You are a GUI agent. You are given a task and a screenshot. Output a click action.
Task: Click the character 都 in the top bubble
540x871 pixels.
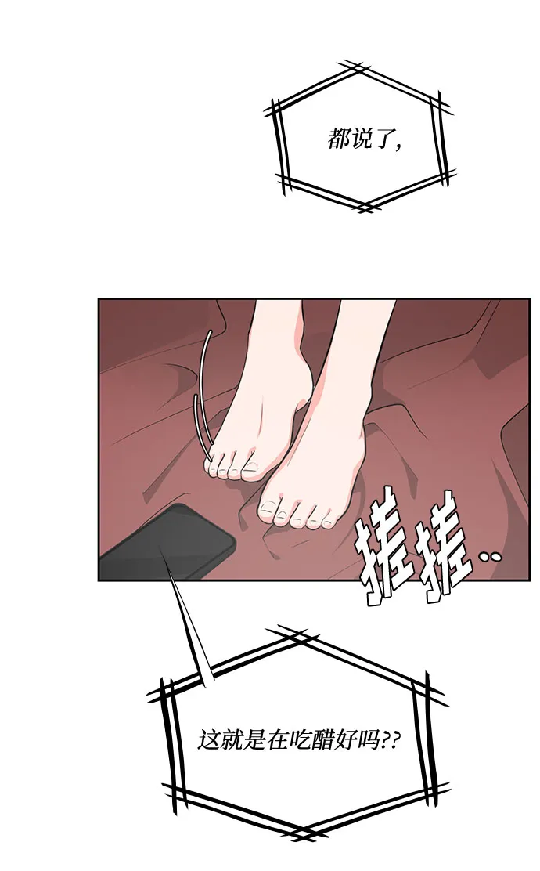click(340, 140)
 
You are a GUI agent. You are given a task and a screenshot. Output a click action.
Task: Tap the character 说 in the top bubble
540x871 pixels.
click(362, 140)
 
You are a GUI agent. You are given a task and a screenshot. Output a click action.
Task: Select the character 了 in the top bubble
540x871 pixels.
click(384, 140)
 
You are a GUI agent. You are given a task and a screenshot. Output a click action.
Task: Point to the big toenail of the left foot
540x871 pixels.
click(251, 468)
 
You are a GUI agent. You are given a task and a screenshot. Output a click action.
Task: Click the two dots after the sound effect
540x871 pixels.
click(491, 558)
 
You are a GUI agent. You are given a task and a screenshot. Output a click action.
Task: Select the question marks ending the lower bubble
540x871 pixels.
click(392, 739)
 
